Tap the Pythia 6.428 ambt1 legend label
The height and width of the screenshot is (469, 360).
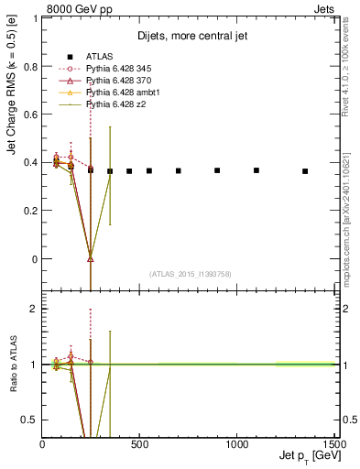[116, 93]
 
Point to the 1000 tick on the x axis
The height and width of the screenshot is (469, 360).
[237, 444]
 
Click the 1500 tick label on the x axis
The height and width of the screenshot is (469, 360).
[334, 444]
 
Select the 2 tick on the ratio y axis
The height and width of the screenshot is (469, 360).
[34, 309]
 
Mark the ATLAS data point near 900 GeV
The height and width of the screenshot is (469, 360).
[217, 170]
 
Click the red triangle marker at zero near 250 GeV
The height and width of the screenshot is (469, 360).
[91, 256]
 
